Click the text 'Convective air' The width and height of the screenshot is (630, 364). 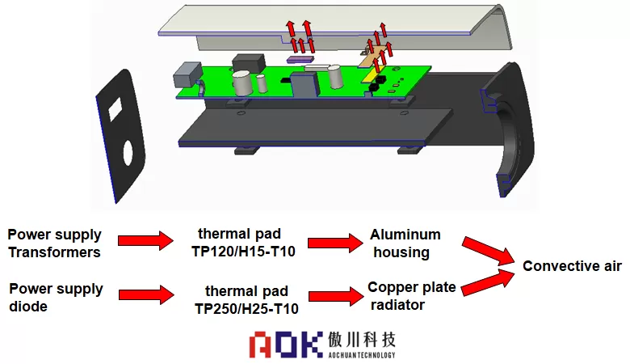pyautogui.click(x=572, y=266)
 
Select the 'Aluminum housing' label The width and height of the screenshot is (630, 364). pyautogui.click(x=405, y=243)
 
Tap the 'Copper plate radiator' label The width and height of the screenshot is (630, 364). pyautogui.click(x=411, y=295)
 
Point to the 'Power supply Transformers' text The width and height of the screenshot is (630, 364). pyautogui.click(x=55, y=243)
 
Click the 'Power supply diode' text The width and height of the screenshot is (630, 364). pyautogui.click(x=55, y=296)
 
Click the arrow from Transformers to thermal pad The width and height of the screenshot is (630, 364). pyautogui.click(x=145, y=240)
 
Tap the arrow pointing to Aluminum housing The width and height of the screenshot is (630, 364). pyautogui.click(x=333, y=242)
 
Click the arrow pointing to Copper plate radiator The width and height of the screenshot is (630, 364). pyautogui.click(x=333, y=295)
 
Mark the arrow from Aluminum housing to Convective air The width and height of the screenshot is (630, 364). pyautogui.click(x=489, y=250)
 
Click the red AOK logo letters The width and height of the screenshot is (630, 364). pyautogui.click(x=284, y=344)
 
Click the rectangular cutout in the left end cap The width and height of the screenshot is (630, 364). pyautogui.click(x=115, y=105)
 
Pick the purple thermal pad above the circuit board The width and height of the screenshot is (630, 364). pyautogui.click(x=300, y=58)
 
